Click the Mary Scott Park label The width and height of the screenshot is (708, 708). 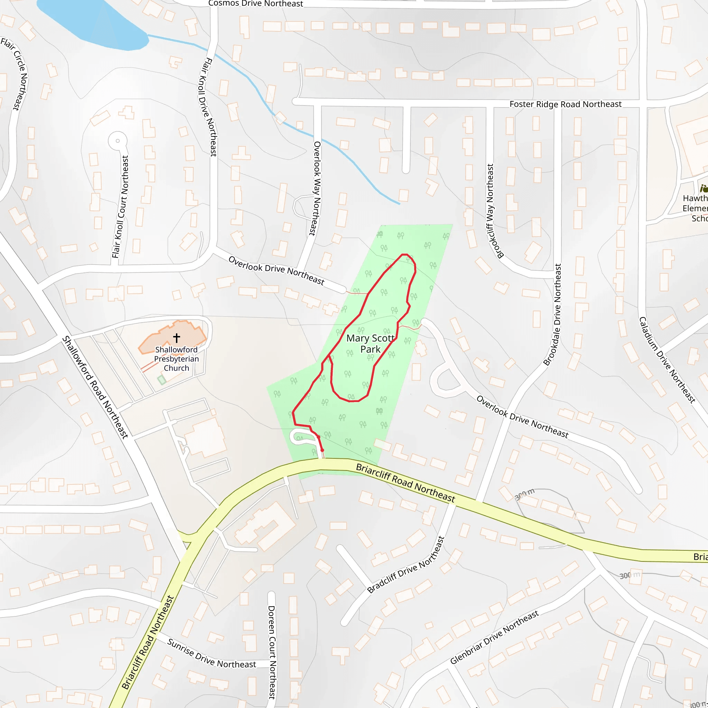point(370,343)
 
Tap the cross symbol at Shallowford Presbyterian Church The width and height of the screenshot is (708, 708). point(177,337)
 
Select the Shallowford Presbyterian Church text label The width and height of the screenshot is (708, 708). point(176,359)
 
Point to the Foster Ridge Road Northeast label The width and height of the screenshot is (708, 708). point(565,104)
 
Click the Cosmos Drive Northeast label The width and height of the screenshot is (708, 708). point(255,4)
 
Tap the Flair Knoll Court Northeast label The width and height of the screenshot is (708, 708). point(121,207)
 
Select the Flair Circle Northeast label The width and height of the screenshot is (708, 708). point(17,73)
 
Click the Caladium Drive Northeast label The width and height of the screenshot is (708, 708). point(667,360)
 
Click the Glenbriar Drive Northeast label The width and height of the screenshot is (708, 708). point(494,637)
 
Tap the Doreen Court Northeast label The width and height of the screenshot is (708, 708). point(271,652)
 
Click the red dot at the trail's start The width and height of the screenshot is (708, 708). point(322,450)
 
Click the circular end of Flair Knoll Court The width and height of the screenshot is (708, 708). point(118,141)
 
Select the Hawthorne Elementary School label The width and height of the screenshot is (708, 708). point(695,208)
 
